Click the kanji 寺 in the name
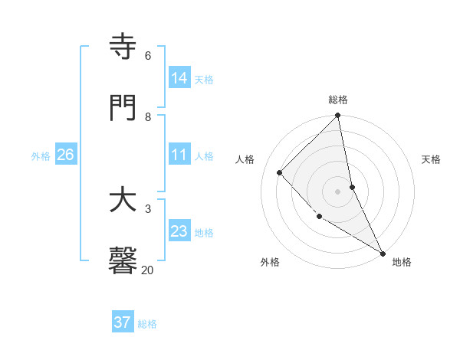[123, 47]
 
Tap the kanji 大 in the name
[123, 201]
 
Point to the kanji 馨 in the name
[123, 260]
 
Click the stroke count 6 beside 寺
[148, 56]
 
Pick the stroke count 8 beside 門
[148, 116]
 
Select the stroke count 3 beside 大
[148, 208]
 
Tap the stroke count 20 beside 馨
[148, 270]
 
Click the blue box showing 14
[179, 77]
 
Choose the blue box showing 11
[179, 155]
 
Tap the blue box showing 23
[179, 231]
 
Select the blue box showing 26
[65, 155]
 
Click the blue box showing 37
[122, 322]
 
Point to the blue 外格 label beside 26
[41, 156]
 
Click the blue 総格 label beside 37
[147, 324]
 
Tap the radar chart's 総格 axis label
[338, 100]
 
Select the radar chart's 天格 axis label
[431, 159]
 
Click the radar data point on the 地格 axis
[382, 252]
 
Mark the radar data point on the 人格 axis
[280, 172]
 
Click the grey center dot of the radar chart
[337, 191]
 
